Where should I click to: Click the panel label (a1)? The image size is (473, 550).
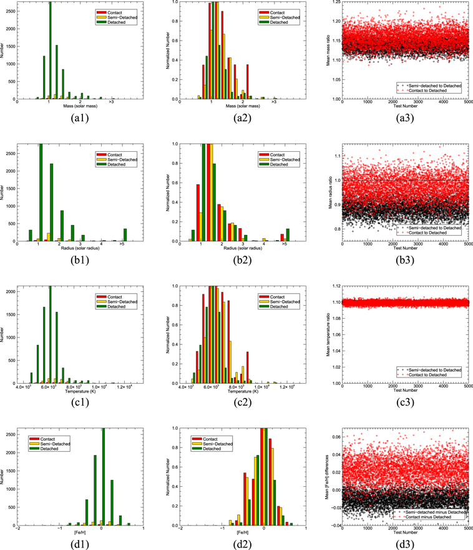click(x=80, y=119)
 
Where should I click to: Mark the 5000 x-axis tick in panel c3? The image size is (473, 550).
click(x=466, y=387)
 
